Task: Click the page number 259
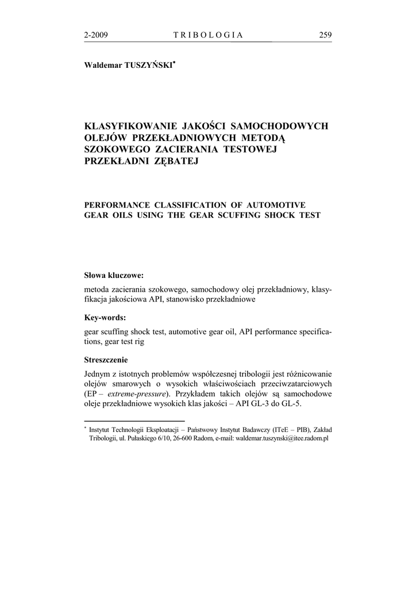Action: click(325, 35)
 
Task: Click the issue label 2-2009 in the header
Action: click(96, 35)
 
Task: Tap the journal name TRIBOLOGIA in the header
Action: click(208, 35)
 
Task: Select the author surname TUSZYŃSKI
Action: click(145, 66)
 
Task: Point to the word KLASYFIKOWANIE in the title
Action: click(130, 126)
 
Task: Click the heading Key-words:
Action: click(105, 317)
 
